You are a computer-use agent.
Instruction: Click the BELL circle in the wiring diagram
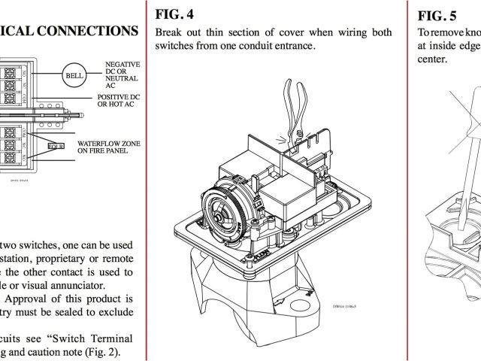[x=74, y=76]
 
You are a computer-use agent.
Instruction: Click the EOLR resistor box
[x=57, y=146]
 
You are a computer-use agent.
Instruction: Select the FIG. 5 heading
[x=437, y=16]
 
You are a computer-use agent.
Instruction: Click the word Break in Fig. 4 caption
[x=170, y=32]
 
